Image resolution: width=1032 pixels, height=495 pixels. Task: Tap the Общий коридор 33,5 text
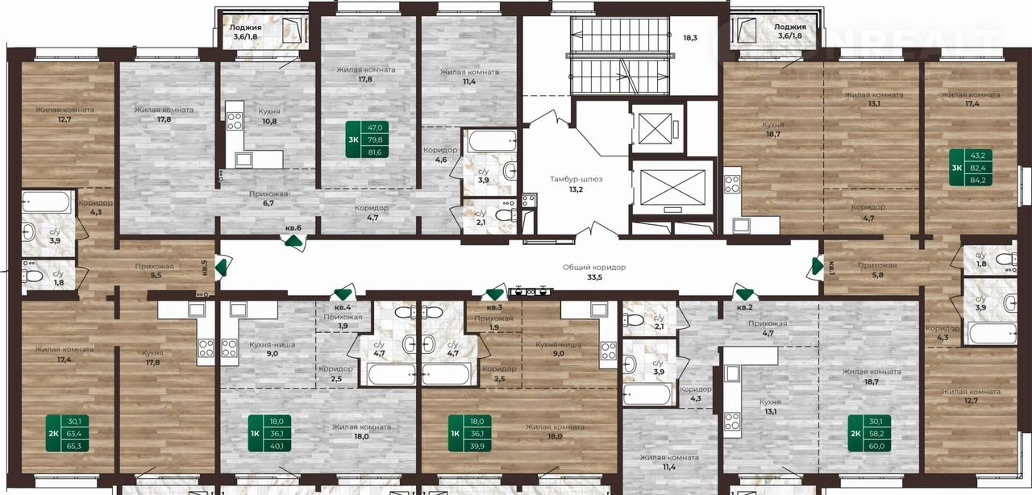pyautogui.click(x=594, y=272)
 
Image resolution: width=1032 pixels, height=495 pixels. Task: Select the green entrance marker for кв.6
pyautogui.click(x=293, y=240)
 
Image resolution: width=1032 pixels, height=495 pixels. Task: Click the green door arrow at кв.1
pyautogui.click(x=817, y=267)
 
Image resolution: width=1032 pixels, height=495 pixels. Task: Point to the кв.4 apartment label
pyautogui.click(x=343, y=307)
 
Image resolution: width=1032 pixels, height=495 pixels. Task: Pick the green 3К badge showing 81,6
pyautogui.click(x=367, y=139)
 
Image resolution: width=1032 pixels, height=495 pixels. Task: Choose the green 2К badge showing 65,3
pyautogui.click(x=67, y=433)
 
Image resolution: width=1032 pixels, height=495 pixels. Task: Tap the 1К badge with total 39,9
pyautogui.click(x=470, y=433)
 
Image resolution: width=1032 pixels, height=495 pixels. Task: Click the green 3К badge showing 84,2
pyautogui.click(x=971, y=168)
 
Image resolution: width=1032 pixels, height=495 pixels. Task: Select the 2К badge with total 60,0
pyautogui.click(x=870, y=433)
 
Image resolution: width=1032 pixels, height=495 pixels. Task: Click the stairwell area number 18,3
pyautogui.click(x=689, y=38)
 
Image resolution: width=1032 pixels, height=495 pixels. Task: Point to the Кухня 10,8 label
pyautogui.click(x=269, y=116)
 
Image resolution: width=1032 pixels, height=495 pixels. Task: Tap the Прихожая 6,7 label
pyautogui.click(x=268, y=198)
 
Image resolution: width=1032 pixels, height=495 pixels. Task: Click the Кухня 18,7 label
pyautogui.click(x=773, y=129)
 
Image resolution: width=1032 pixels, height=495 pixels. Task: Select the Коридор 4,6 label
pyautogui.click(x=440, y=155)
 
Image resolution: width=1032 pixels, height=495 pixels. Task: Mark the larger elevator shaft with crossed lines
pyautogui.click(x=673, y=187)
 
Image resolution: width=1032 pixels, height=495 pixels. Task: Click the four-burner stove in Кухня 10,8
pyautogui.click(x=235, y=122)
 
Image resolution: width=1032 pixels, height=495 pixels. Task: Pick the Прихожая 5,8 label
pyautogui.click(x=877, y=270)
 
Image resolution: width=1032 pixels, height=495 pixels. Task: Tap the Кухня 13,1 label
pyautogui.click(x=770, y=406)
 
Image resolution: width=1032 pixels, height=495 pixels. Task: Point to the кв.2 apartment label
pyautogui.click(x=744, y=307)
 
